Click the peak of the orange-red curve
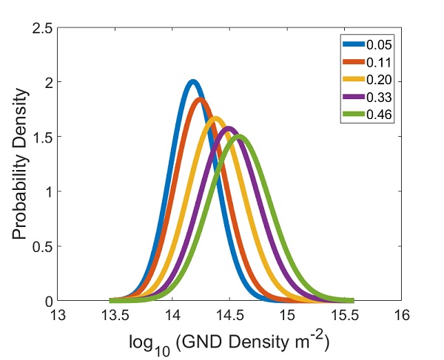tap(198, 99)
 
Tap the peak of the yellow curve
tap(215, 118)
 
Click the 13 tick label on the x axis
tap(58, 314)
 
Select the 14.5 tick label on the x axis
tap(229, 314)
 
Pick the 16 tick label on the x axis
tap(401, 314)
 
